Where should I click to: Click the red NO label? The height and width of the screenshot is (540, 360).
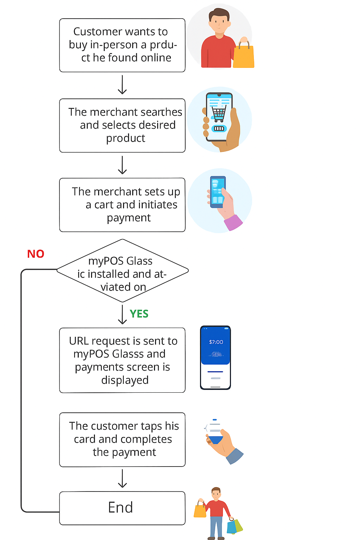36,254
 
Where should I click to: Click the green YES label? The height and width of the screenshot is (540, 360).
139,314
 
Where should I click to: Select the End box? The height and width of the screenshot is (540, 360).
122,508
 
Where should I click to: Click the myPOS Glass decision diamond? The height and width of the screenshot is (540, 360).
122,271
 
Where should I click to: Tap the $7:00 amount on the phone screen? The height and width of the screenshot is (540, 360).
216,342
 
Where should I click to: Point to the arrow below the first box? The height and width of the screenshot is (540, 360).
122,85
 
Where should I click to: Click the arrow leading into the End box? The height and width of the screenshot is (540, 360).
122,478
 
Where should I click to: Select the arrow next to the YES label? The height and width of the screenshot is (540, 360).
122,314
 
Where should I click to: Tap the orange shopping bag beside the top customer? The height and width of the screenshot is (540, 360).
243,56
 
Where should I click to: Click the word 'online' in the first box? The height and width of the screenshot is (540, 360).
155,58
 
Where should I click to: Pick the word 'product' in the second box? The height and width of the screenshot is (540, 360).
126,138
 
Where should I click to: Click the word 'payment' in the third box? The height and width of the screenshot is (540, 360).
129,218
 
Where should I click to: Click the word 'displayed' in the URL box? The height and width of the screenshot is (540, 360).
125,380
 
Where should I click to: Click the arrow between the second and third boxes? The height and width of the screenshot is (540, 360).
122,165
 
